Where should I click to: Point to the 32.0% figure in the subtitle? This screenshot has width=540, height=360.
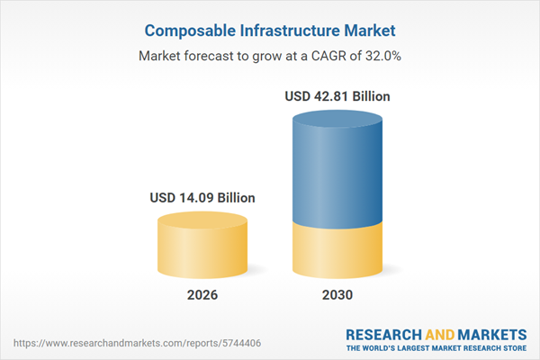382,57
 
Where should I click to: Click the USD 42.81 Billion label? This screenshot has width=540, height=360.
337,95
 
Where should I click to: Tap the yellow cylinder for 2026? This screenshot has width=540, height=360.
202,252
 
